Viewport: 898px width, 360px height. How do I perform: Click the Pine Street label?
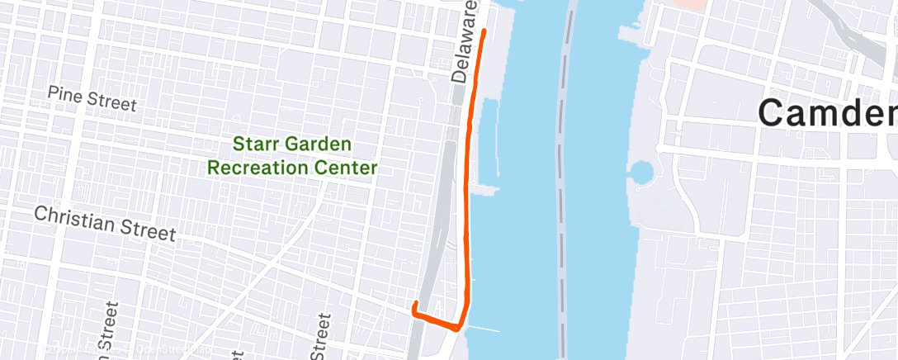[x=91, y=98]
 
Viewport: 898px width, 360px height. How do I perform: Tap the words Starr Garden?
[x=292, y=144]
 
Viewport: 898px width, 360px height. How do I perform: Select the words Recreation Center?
[x=292, y=168]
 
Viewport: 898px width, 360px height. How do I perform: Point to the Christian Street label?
[x=105, y=224]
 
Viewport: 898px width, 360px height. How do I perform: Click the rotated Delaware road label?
[x=466, y=41]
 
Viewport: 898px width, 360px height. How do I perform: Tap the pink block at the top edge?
[x=690, y=4]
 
